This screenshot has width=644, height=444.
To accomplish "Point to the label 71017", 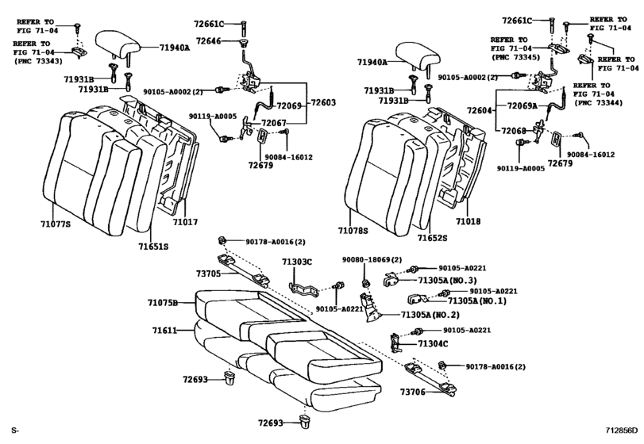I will (x=185, y=224).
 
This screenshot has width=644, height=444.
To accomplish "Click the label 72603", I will (x=323, y=102).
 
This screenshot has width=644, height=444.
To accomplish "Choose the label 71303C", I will (x=297, y=262).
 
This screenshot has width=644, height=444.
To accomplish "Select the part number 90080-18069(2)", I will (x=372, y=260).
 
